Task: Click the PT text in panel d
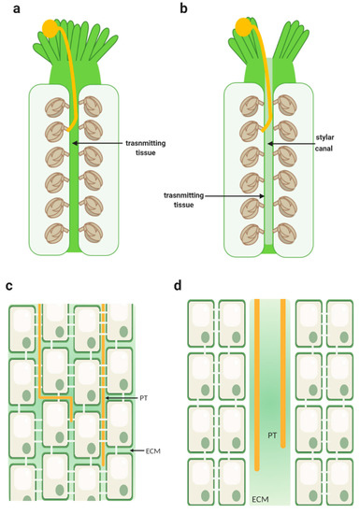[x=269, y=435]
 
